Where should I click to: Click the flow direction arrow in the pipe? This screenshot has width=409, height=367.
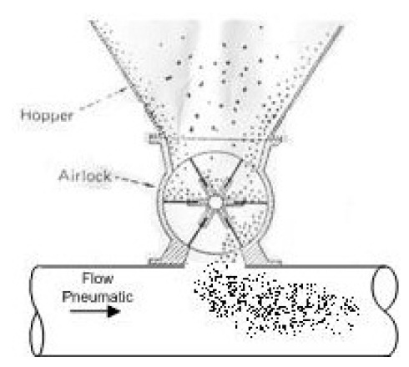[x=95, y=313]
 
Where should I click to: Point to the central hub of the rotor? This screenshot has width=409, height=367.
[x=215, y=202]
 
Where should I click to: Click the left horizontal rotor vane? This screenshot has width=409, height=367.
[x=187, y=202]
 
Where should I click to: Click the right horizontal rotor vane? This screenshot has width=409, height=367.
[x=244, y=202]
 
